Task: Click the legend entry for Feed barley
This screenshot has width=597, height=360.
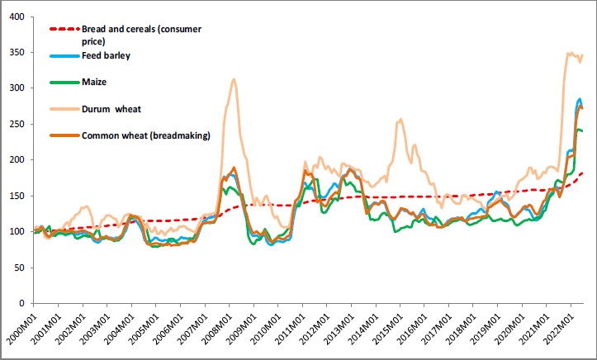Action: pos(106,55)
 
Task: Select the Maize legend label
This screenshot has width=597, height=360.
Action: pos(95,81)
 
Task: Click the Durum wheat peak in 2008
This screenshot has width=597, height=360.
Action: pos(235,80)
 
